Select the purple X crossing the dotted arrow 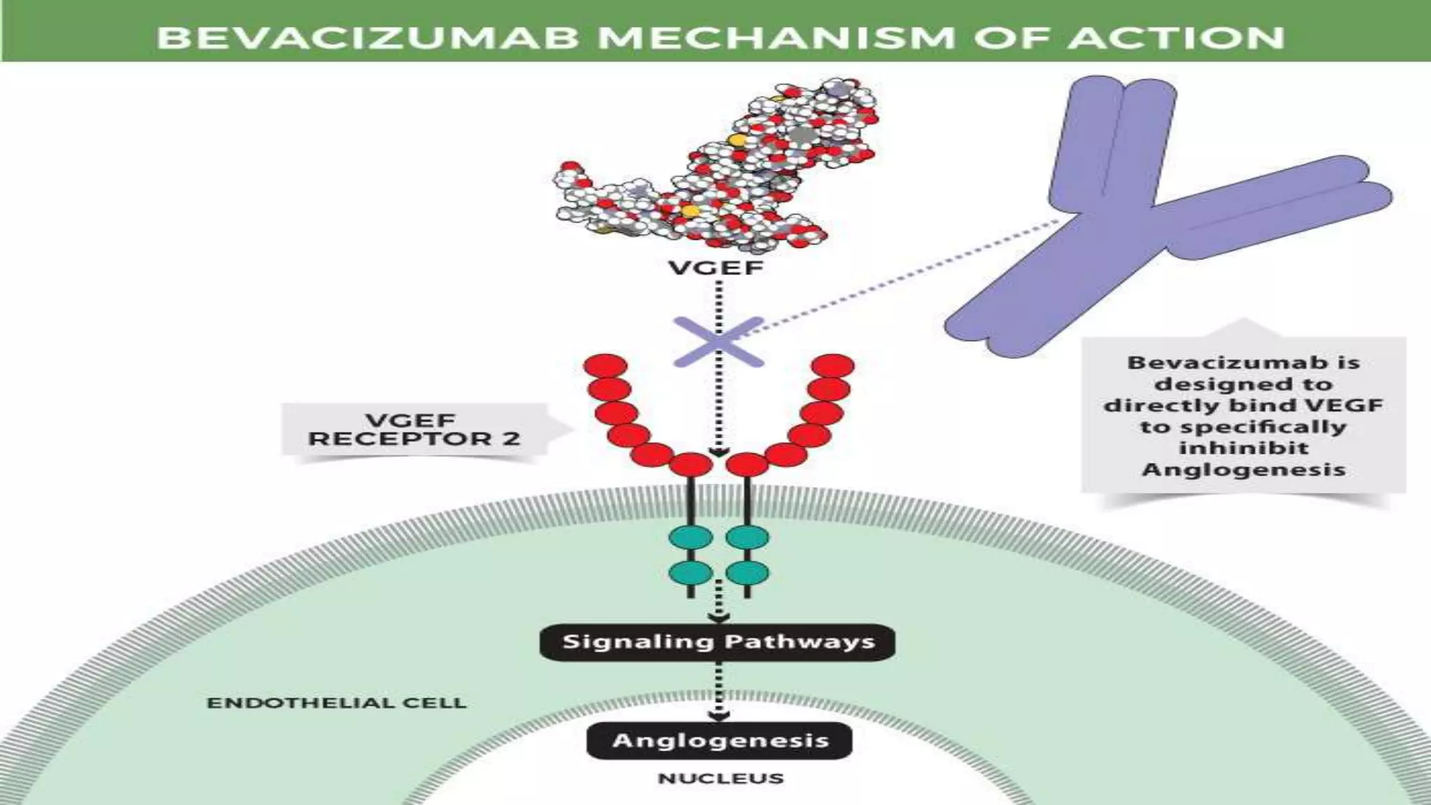(718, 342)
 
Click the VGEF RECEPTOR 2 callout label (414, 430)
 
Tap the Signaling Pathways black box (718, 641)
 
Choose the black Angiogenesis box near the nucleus (720, 741)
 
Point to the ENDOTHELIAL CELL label (336, 703)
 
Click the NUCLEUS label (720, 778)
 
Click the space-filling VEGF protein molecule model (720, 168)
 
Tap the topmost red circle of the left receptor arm (607, 366)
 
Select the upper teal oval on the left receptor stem (690, 538)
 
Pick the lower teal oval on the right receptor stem (748, 573)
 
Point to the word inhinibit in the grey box (1244, 447)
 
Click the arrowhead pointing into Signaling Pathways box (718, 618)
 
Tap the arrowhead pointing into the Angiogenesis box (718, 716)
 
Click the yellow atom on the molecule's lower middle (690, 210)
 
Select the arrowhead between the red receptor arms (718, 453)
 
